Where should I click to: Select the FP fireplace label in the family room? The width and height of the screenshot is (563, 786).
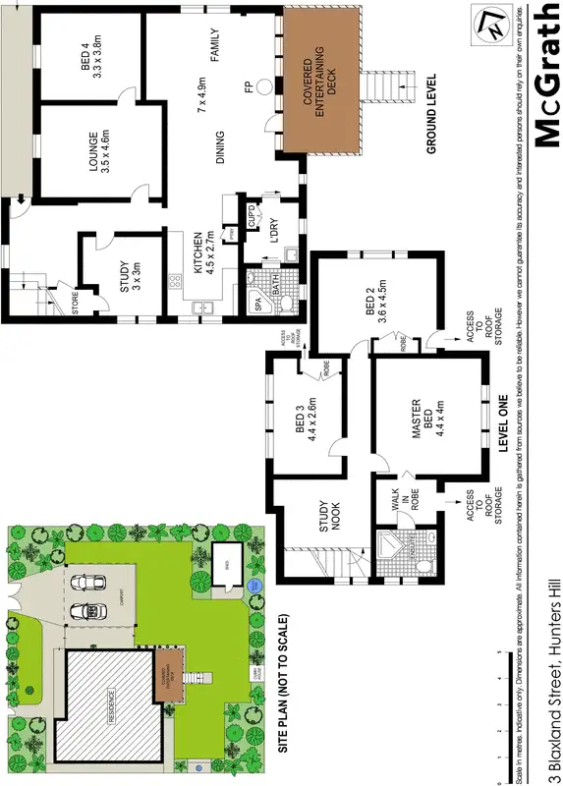pos(248,86)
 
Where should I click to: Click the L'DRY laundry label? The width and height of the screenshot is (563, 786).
pos(278,238)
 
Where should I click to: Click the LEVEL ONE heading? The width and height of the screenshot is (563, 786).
pos(502,423)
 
